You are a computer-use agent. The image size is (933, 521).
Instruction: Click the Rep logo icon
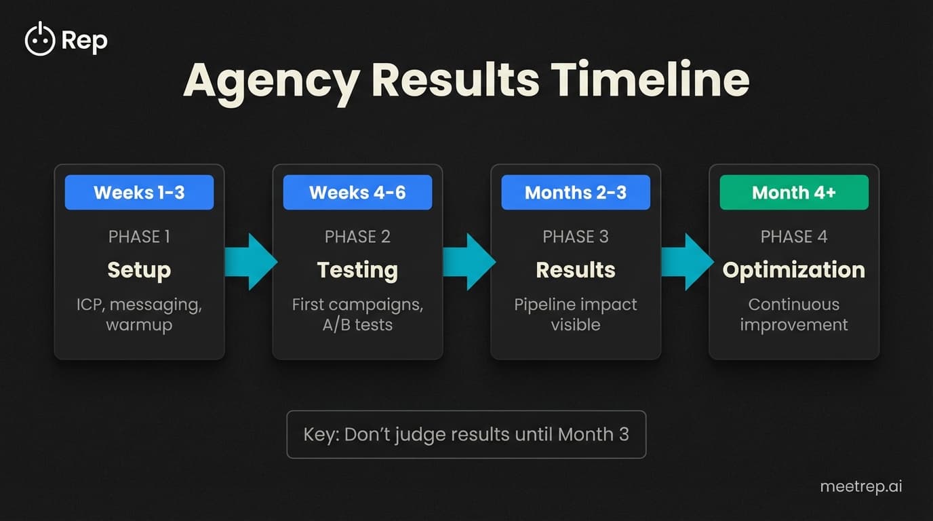coord(39,41)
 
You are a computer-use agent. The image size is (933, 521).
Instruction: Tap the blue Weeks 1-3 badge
coord(139,193)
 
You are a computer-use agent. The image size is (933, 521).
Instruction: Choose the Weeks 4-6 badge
coord(357,193)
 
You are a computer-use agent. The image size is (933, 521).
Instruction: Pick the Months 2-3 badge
coord(576,193)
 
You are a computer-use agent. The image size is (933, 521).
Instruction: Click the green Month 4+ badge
coord(794,193)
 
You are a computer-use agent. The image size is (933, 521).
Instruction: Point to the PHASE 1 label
coord(139,237)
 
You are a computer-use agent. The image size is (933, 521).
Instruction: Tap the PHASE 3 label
coord(576,237)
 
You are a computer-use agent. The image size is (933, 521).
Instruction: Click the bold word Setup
coord(139,270)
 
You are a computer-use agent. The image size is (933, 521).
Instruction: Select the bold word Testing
coord(357,270)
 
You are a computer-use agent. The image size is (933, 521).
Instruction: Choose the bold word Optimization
coord(794,270)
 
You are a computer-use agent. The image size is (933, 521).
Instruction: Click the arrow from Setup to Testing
coord(250,262)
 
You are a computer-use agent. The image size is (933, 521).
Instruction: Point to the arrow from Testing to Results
coord(469,262)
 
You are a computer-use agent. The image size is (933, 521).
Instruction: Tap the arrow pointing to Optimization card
coord(686,262)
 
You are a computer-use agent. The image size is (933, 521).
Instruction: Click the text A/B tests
coord(357,325)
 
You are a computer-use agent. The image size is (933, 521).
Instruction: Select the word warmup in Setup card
coord(139,325)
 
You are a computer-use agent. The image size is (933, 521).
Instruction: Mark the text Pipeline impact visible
coord(576,315)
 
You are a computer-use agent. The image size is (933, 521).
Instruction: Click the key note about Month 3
coord(466,434)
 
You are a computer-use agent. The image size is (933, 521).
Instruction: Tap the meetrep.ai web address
coord(861,486)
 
